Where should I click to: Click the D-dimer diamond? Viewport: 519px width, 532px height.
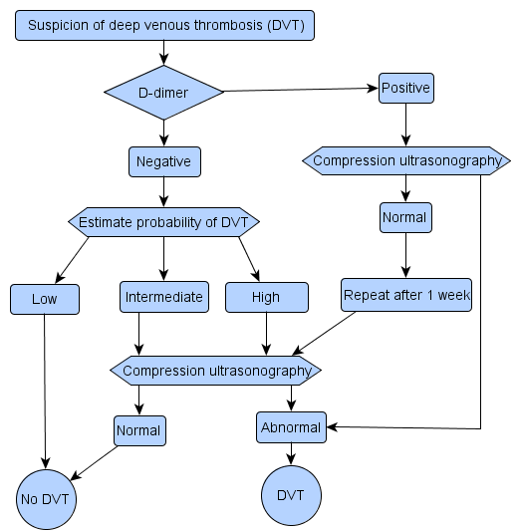[x=163, y=93]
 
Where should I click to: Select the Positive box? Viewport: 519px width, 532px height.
[x=406, y=88]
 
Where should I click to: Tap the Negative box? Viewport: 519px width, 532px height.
[x=164, y=161]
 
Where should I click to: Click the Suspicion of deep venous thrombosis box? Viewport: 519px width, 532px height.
[x=164, y=25]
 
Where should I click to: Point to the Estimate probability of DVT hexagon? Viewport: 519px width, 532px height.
[x=163, y=222]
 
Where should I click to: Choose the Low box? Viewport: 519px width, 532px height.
[x=45, y=299]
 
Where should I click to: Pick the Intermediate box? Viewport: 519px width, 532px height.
[x=164, y=297]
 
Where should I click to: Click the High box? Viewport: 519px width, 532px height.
[x=267, y=297]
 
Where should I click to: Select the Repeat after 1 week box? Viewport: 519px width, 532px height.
[x=406, y=295]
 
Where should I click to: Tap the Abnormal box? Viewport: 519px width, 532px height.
[x=291, y=427]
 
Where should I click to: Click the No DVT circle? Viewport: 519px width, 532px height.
[x=46, y=499]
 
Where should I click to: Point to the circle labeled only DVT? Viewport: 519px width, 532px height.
[x=291, y=495]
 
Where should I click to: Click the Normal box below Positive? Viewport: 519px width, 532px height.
[x=405, y=217]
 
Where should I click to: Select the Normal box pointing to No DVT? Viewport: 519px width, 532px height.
[x=139, y=430]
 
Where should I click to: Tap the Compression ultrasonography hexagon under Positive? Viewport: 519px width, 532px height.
[x=406, y=160]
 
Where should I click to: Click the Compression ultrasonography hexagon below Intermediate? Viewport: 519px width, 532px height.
[x=215, y=371]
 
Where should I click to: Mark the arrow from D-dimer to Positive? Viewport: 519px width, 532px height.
[x=301, y=90]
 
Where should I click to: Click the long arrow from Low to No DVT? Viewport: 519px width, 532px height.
[x=45, y=392]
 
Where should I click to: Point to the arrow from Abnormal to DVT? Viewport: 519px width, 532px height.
[x=291, y=454]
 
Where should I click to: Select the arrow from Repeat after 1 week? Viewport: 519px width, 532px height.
[x=324, y=334]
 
